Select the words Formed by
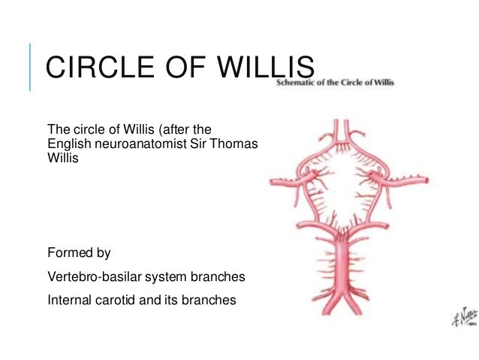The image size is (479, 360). point(79,253)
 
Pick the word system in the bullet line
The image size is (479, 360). point(164,277)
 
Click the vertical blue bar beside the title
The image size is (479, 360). point(30,68)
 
